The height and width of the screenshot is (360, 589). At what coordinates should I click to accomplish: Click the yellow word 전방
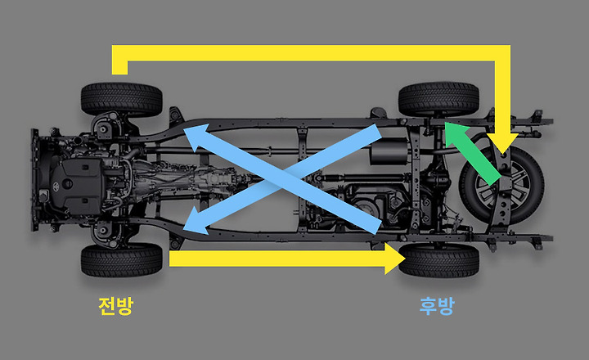[115, 306]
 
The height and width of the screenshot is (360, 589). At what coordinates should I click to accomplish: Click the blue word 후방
[436, 306]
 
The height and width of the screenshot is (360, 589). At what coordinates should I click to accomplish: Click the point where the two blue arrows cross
[283, 179]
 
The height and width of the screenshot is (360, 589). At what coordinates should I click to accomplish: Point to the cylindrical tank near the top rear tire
[389, 151]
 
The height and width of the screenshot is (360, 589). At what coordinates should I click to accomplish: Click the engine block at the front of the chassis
[78, 180]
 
